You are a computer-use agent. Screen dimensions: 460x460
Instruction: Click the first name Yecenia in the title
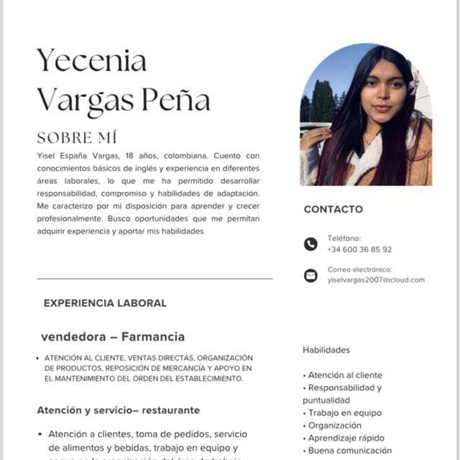pos(91,61)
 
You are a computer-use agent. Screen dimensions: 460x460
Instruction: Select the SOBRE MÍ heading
pos(77,137)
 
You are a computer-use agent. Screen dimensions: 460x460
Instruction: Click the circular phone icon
pos(310,244)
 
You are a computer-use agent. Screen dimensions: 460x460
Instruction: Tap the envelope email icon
pos(310,275)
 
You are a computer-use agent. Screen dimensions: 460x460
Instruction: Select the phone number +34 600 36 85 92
pos(359,249)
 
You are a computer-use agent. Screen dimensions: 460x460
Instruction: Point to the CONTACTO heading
pos(333,209)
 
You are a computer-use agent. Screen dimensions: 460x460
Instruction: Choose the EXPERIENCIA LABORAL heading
pos(105,303)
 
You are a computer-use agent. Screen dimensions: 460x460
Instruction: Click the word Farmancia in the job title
pos(152,336)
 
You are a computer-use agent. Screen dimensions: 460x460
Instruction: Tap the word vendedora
pos(73,336)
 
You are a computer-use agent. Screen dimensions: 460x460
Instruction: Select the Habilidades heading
pos(326,350)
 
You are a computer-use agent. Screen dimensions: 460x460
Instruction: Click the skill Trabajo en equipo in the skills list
pos(345,413)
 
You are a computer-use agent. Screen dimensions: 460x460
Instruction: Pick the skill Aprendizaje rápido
pos(346,438)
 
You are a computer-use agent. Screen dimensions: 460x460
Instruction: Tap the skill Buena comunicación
pos(350,451)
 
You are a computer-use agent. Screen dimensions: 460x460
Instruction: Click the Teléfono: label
pos(344,238)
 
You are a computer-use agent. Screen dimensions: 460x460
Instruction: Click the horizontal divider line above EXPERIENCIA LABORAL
pos(155,278)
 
